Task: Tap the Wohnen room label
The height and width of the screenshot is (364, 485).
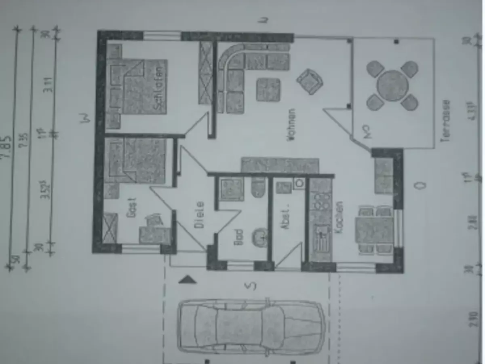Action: click(292, 124)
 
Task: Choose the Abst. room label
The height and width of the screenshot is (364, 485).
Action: click(285, 219)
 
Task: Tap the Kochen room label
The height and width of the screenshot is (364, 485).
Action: click(339, 216)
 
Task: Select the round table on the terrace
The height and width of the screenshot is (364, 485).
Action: click(392, 85)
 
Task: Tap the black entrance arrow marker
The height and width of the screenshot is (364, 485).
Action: click(187, 279)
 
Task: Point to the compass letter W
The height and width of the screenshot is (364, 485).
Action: click(85, 118)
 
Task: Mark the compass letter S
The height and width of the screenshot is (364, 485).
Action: click(251, 286)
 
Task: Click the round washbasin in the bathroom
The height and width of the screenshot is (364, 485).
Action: click(260, 236)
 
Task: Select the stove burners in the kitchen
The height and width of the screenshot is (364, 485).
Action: click(321, 201)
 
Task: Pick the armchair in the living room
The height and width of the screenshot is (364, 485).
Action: click(310, 81)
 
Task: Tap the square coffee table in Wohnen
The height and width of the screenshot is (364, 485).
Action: click(268, 89)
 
